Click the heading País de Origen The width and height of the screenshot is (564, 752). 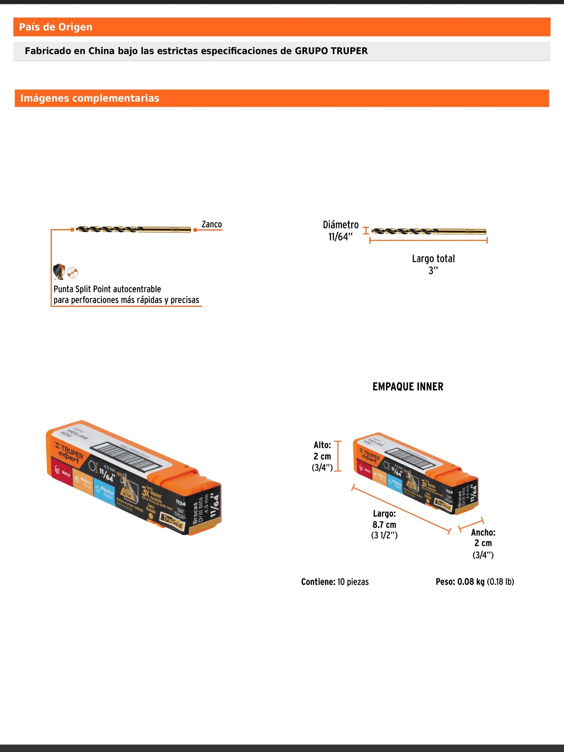pyautogui.click(x=56, y=27)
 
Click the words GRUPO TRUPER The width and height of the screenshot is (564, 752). pyautogui.click(x=331, y=51)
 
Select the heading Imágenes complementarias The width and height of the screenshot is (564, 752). pyautogui.click(x=90, y=98)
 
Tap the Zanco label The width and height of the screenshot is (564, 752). pyautogui.click(x=212, y=224)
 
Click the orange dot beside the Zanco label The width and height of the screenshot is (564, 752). pyautogui.click(x=195, y=230)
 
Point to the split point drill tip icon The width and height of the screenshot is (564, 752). pyautogui.click(x=59, y=272)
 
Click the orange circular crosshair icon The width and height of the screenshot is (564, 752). pyautogui.click(x=73, y=272)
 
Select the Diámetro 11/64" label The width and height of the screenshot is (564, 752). pyautogui.click(x=340, y=231)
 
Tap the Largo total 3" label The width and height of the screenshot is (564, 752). pyautogui.click(x=433, y=264)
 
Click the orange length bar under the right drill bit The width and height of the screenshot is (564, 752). pyautogui.click(x=428, y=240)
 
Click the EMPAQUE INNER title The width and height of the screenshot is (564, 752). pyautogui.click(x=408, y=387)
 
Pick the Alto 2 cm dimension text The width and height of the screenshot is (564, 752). pyautogui.click(x=322, y=456)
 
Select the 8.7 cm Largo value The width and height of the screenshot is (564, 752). pyautogui.click(x=384, y=525)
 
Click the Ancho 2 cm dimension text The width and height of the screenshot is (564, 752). pyautogui.click(x=483, y=543)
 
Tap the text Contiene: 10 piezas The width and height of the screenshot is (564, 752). pyautogui.click(x=335, y=582)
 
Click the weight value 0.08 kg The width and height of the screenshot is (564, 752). pyautogui.click(x=471, y=582)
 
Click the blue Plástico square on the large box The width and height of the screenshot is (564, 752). pyautogui.click(x=105, y=492)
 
